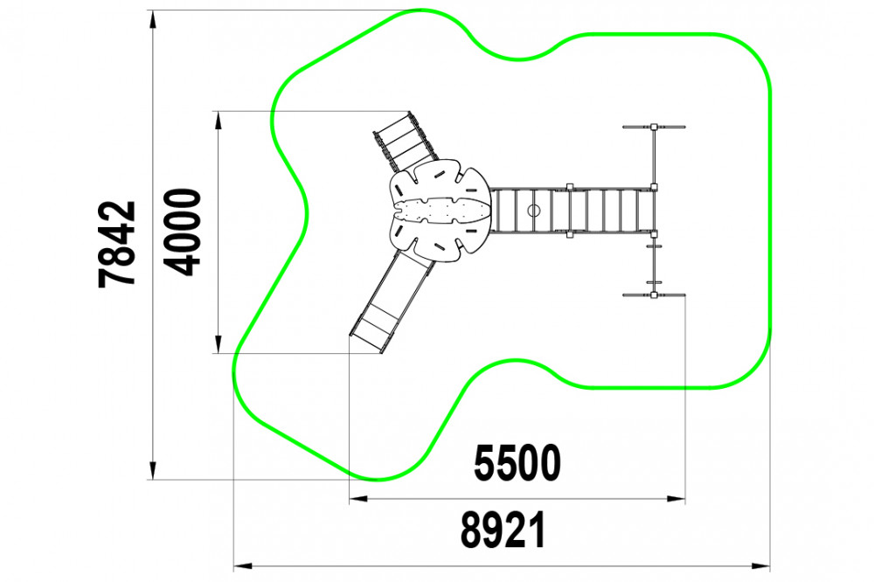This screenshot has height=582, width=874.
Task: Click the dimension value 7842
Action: tap(117, 244)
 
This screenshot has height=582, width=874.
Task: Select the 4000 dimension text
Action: tap(183, 232)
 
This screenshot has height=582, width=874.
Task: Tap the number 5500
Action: tap(517, 463)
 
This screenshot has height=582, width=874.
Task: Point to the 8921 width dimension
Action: tap(503, 530)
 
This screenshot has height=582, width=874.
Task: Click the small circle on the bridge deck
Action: tap(534, 210)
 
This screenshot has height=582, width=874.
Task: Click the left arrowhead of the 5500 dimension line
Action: tap(358, 499)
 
